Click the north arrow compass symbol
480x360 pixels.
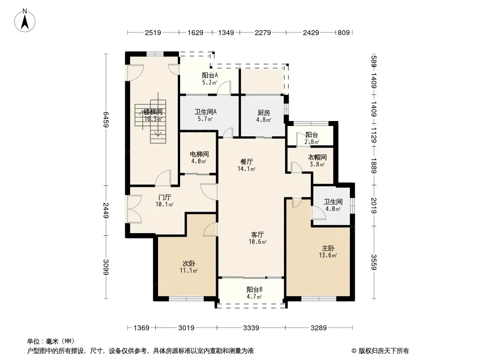(x=25, y=21)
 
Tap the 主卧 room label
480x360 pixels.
(x=328, y=248)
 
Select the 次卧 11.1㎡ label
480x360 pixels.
(x=189, y=267)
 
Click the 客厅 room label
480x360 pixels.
(x=258, y=234)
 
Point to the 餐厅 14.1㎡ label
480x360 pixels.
(x=246, y=165)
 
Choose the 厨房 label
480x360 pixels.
(x=263, y=113)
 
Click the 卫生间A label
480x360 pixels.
(x=205, y=112)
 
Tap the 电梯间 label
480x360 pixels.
(x=199, y=154)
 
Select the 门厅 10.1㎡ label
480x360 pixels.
(x=165, y=201)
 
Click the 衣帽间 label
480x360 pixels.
(x=317, y=157)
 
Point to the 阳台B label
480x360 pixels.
(x=255, y=289)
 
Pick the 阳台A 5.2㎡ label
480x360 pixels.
(x=210, y=79)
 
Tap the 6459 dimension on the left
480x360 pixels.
(x=106, y=119)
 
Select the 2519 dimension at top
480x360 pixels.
(x=153, y=32)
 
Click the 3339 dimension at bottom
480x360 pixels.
(x=251, y=328)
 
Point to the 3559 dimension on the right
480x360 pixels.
(x=373, y=262)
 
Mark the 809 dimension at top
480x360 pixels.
(x=344, y=32)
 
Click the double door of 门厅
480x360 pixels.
(x=134, y=209)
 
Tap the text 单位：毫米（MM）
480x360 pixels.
(x=51, y=341)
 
